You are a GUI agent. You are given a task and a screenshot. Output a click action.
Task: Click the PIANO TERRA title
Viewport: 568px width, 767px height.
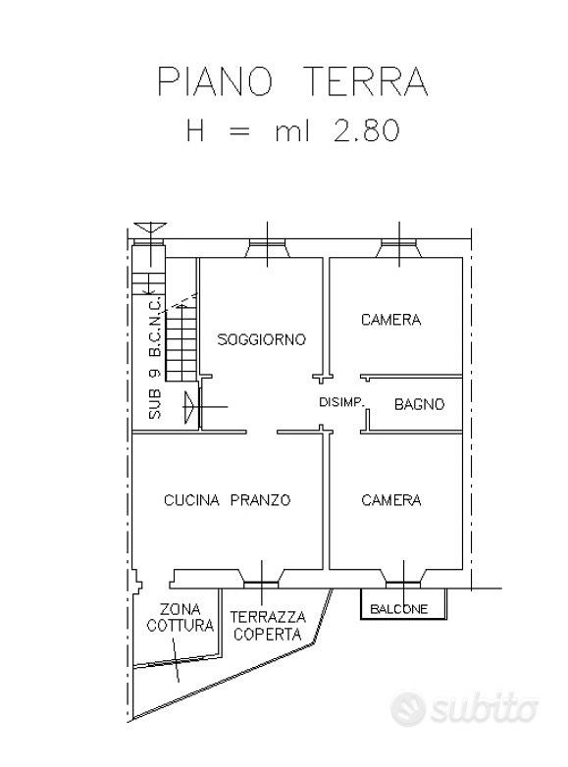[292, 81]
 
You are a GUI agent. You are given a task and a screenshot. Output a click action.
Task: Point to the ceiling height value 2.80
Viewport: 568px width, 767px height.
[366, 131]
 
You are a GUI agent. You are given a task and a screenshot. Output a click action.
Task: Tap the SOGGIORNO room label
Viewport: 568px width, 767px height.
[261, 339]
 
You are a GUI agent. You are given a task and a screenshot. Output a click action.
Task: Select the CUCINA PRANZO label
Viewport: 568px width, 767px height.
[227, 500]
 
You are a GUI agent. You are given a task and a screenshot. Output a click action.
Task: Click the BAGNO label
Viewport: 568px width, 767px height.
[419, 404]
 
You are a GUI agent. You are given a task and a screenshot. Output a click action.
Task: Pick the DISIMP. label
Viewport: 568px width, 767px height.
[341, 402]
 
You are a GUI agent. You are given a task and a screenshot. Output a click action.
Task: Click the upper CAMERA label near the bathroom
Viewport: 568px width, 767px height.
[390, 320]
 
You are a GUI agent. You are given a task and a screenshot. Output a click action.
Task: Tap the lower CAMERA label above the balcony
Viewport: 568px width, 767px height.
[390, 500]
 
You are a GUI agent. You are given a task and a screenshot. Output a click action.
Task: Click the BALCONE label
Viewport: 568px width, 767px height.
[398, 609]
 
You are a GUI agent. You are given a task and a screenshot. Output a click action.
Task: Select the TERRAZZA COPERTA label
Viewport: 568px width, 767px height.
[268, 626]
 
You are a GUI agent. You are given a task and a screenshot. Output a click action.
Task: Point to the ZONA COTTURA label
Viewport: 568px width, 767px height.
[181, 617]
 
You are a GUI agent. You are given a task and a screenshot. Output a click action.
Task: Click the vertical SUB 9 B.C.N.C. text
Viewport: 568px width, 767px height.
[155, 358]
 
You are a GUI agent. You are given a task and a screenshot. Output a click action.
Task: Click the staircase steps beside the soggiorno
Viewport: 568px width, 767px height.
[181, 342]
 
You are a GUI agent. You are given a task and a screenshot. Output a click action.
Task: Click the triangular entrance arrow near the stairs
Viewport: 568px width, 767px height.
[189, 406]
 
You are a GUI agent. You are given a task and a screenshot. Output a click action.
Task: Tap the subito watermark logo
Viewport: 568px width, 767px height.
[464, 707]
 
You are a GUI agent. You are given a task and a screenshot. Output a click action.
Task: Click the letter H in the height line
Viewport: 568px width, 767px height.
[195, 131]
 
